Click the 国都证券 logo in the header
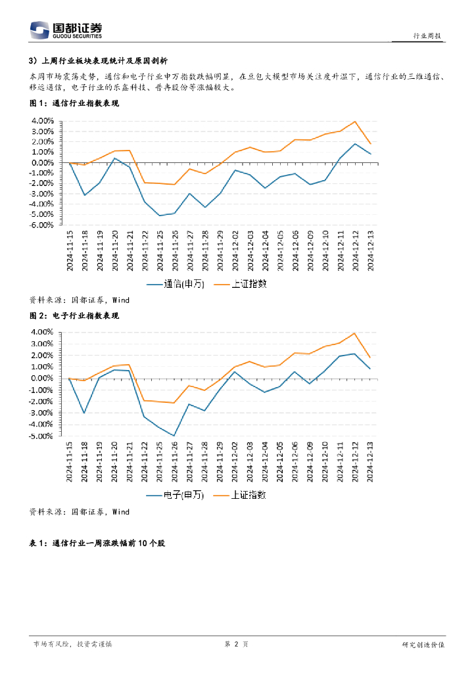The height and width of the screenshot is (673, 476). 66,30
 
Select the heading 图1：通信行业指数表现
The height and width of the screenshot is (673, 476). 74,103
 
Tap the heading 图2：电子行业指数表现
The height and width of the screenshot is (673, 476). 74,315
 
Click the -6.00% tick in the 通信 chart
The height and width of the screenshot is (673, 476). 42,225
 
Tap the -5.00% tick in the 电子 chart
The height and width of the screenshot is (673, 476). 42,436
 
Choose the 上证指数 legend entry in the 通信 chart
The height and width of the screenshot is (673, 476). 241,284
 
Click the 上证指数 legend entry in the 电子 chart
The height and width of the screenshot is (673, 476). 241,495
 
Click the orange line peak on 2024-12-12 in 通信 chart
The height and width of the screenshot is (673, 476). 355,122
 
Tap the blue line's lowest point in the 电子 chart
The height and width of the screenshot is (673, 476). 175,435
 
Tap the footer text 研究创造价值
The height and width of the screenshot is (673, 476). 423,645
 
